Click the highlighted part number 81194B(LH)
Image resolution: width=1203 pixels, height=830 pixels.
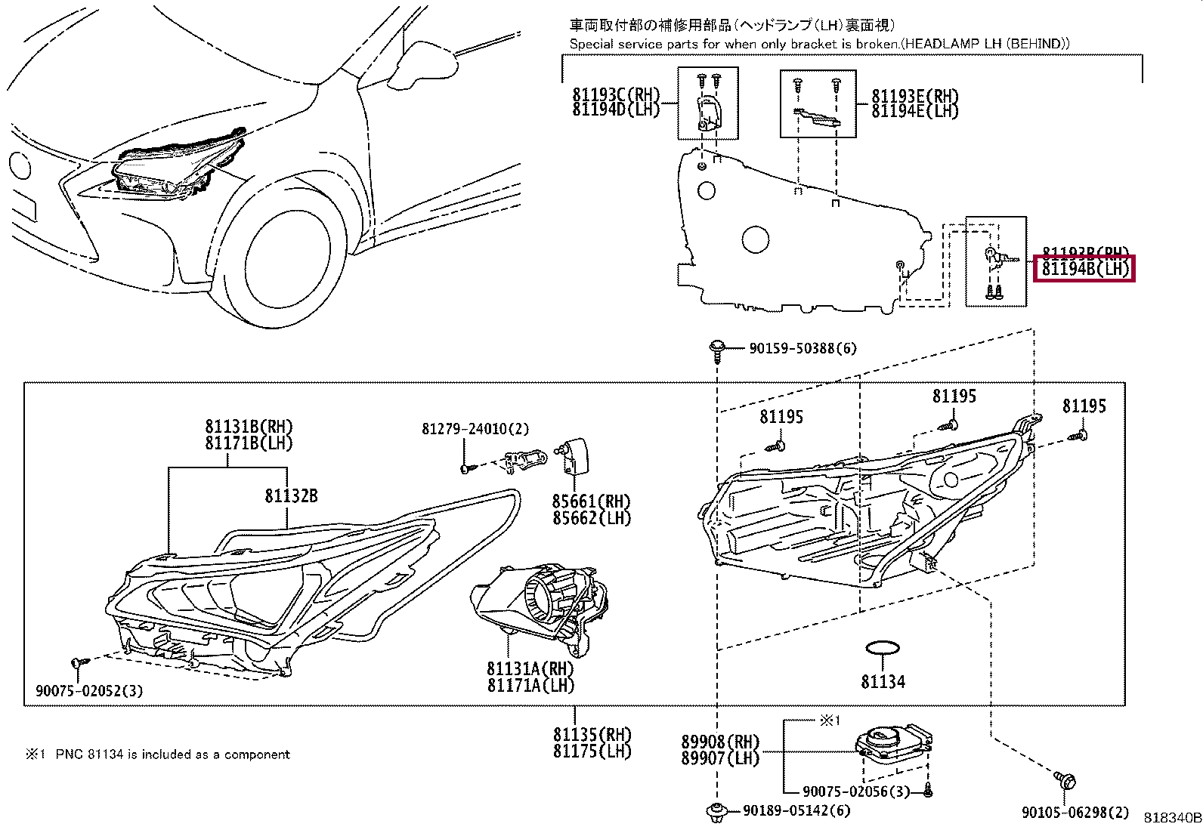point(1084,268)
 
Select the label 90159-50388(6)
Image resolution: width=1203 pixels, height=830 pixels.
point(803,348)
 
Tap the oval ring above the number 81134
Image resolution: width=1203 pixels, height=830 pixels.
point(882,648)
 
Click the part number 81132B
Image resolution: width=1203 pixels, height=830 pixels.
point(291,495)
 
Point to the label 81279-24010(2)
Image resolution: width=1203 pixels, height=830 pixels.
point(475,429)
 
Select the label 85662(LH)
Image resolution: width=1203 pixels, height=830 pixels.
point(591,518)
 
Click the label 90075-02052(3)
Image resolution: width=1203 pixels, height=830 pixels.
point(89,690)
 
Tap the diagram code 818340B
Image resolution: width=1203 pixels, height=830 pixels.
point(1172,818)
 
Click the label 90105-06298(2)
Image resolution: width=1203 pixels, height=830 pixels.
point(1075,812)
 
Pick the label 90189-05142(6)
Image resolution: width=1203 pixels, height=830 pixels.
point(796,810)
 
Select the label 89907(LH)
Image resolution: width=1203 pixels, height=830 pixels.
point(719,758)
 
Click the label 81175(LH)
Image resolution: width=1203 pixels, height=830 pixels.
point(592,751)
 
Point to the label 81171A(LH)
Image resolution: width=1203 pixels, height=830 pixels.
point(530,685)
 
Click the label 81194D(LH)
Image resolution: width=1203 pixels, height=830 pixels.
point(616,110)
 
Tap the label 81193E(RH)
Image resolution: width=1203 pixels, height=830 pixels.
point(914,96)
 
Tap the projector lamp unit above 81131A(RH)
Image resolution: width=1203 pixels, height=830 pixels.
point(537,600)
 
